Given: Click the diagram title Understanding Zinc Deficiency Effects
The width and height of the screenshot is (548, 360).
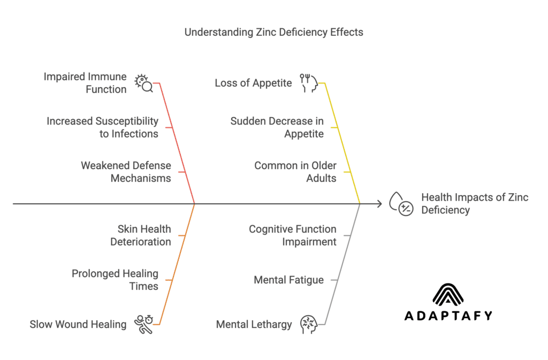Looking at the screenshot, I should [x=273, y=32].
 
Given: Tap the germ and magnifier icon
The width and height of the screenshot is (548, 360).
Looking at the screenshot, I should [x=144, y=83].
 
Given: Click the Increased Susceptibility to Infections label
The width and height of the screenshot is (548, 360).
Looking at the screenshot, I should [x=102, y=127].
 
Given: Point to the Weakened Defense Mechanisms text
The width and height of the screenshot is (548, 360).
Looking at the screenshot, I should [x=126, y=172].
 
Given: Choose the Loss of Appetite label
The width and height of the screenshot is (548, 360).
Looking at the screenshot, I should [x=253, y=83].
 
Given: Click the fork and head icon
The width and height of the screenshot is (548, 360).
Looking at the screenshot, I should [x=309, y=83].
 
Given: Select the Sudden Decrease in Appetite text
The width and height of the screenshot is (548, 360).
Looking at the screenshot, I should [x=277, y=127].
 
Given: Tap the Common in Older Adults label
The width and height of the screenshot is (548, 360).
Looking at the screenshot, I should [x=295, y=172].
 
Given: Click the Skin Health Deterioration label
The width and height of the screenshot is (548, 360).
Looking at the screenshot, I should [x=140, y=235].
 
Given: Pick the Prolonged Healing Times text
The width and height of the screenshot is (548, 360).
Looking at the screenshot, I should [x=115, y=280].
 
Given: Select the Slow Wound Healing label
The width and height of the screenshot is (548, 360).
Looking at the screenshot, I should [x=78, y=324].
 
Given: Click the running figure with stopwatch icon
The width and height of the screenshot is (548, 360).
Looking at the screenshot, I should [x=144, y=324].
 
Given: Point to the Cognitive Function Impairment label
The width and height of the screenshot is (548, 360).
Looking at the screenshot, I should [x=292, y=235].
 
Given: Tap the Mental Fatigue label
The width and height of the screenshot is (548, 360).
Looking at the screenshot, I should [x=288, y=280].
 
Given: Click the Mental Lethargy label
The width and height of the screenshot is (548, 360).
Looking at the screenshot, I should [x=254, y=324].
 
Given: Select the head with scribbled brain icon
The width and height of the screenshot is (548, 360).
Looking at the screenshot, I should [x=309, y=324].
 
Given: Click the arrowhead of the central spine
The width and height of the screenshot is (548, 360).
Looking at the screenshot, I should [x=379, y=204].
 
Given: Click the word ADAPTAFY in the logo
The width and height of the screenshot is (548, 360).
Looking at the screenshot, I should [x=447, y=316].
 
